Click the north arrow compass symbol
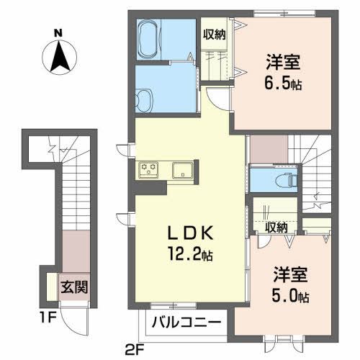[59, 57]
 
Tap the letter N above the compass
[58, 33]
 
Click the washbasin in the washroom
[144, 101]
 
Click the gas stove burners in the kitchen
[149, 170]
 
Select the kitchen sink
[183, 170]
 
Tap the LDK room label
[190, 233]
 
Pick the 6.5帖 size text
[283, 83]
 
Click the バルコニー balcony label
[186, 323]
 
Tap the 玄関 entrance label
[74, 287]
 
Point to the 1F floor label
[48, 318]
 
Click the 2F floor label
[135, 352]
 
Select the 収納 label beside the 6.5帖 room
[214, 35]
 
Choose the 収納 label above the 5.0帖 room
[276, 227]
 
